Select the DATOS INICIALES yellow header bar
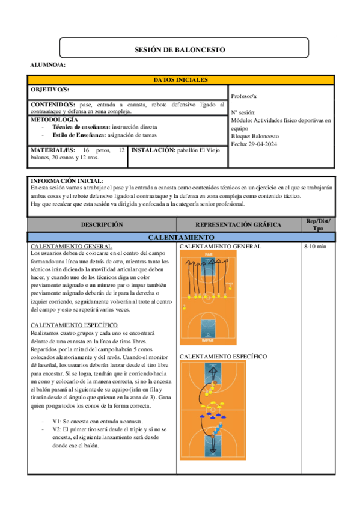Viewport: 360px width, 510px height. click(x=181, y=80)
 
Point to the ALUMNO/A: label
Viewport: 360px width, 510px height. click(x=48, y=64)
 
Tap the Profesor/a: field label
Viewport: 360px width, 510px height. click(x=245, y=96)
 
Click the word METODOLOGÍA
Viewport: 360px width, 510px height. click(x=53, y=120)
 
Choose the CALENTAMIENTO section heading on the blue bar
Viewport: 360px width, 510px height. click(x=181, y=238)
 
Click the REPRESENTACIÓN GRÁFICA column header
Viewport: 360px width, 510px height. click(x=238, y=224)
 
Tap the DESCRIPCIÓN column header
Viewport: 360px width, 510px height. click(x=102, y=224)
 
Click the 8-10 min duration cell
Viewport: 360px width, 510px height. click(x=316, y=247)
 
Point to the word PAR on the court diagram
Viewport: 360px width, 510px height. click(x=209, y=254)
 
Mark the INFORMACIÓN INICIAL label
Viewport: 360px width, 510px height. click(x=66, y=180)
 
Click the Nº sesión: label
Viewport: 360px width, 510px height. click(x=243, y=112)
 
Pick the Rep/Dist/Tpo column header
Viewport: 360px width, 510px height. click(x=317, y=224)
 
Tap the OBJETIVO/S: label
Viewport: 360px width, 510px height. click(x=50, y=90)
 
